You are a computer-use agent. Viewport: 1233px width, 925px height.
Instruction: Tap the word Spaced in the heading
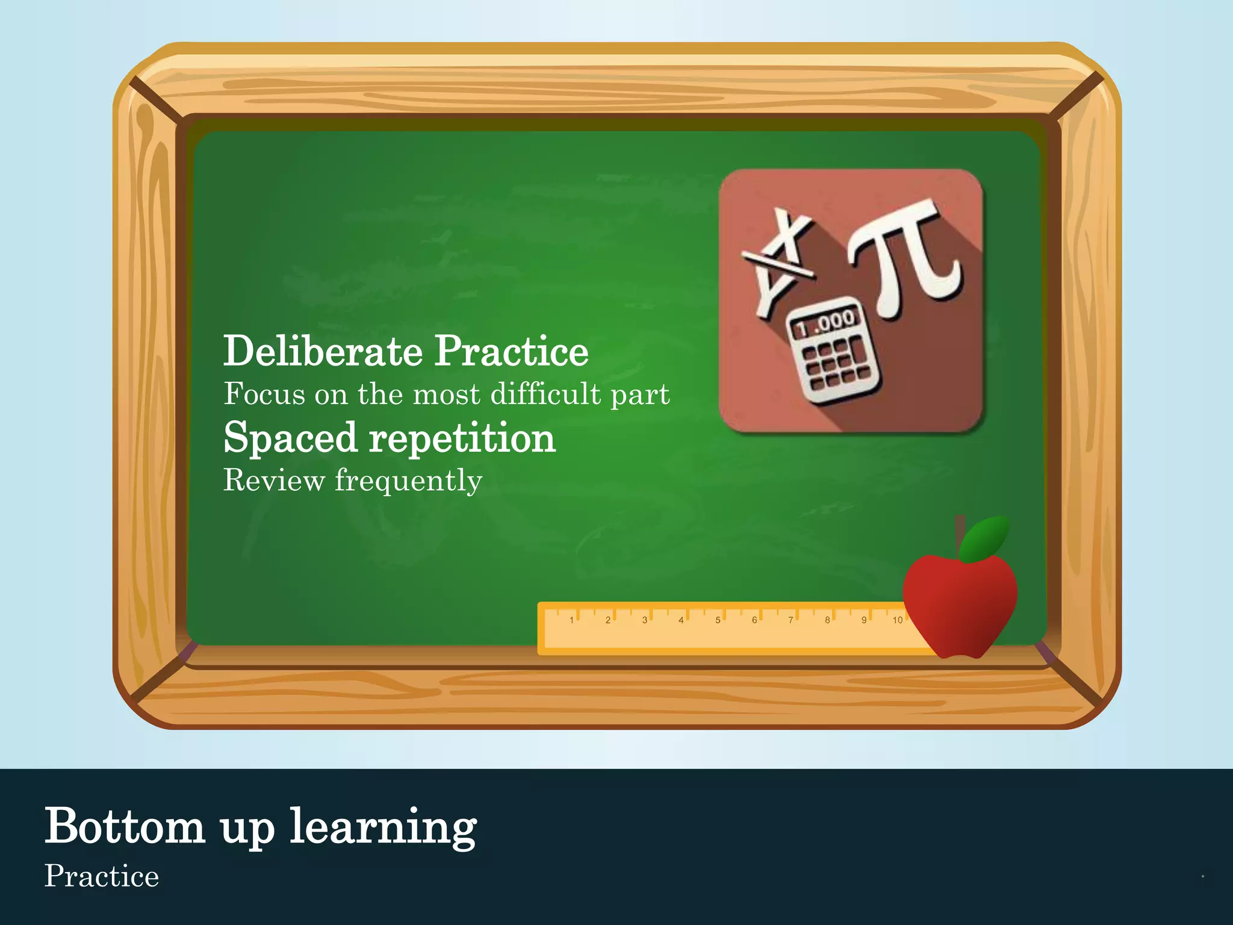[291, 438]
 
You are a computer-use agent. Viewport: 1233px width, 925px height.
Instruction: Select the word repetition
[462, 438]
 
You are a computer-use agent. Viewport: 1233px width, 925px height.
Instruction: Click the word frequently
[408, 481]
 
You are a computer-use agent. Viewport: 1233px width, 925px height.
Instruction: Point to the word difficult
[545, 394]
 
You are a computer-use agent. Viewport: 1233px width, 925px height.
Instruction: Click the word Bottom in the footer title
[125, 826]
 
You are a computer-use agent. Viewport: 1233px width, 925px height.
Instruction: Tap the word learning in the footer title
[384, 827]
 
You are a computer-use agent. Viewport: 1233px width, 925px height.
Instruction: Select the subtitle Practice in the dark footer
[102, 876]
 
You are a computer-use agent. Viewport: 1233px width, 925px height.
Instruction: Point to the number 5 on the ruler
[718, 620]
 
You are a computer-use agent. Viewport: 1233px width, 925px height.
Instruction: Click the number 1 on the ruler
[571, 620]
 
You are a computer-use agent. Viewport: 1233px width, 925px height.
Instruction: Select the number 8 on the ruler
[827, 620]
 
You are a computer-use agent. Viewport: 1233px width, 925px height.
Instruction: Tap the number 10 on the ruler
[897, 620]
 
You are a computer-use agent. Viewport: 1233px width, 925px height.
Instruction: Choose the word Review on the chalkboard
[274, 481]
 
